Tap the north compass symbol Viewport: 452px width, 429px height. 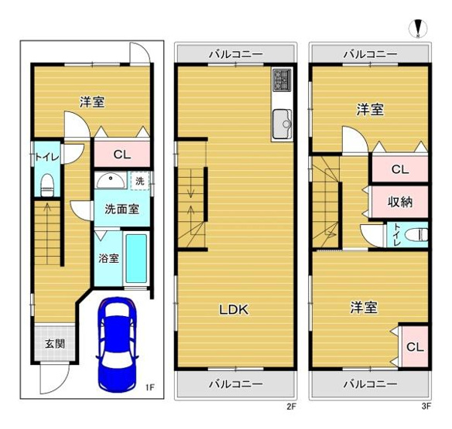coord(419,29)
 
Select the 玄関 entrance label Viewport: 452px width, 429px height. coord(54,344)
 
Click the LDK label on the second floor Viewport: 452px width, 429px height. coord(232,309)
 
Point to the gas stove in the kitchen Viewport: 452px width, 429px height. coord(281,80)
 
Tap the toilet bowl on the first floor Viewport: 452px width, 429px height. coord(47,184)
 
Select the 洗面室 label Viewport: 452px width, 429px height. coord(122,209)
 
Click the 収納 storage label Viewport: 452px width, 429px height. coord(399,202)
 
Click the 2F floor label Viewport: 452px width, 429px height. coord(291,406)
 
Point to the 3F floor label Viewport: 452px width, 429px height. coord(426,406)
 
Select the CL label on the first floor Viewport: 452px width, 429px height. coord(121,154)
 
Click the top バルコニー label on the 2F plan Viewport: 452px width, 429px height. coord(235,54)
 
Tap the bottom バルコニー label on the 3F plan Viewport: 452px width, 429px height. coord(370,383)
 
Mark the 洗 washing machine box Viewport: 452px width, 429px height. coord(139,180)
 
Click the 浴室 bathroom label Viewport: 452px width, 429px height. coord(108,258)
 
